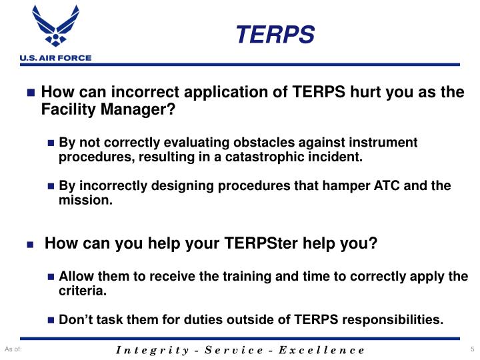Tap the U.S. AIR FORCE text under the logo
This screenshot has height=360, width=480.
click(46, 58)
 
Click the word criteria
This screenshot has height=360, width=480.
click(81, 291)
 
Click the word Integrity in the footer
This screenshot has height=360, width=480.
click(148, 350)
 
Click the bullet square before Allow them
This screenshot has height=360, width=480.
click(52, 277)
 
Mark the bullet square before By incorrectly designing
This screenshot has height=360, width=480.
click(52, 185)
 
